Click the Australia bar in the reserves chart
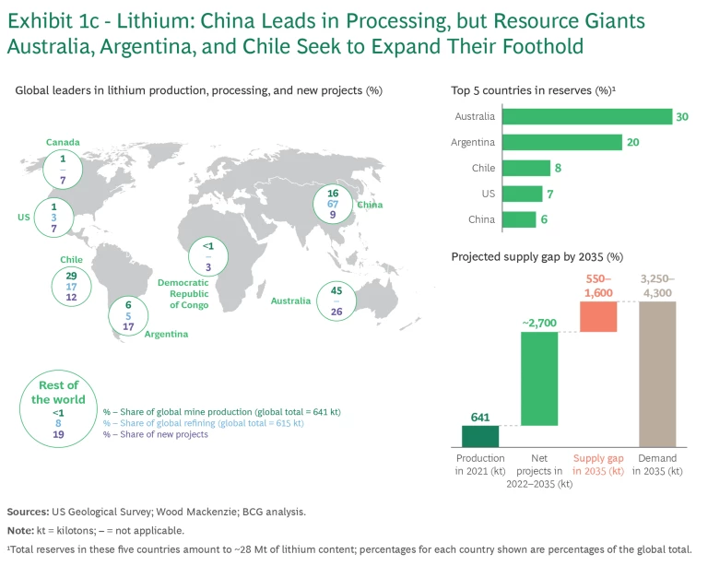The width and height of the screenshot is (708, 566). tap(586, 117)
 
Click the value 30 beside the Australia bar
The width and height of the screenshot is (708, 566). tap(683, 117)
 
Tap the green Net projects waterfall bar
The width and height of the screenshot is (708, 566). tap(539, 379)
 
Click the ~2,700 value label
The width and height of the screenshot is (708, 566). tap(538, 323)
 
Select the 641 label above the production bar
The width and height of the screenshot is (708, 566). tap(479, 416)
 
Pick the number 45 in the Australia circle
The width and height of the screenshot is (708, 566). tap(336, 292)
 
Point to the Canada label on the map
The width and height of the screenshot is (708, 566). tap(63, 142)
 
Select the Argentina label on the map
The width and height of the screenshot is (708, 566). tap(166, 334)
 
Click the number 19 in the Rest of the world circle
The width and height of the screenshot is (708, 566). tap(59, 433)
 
